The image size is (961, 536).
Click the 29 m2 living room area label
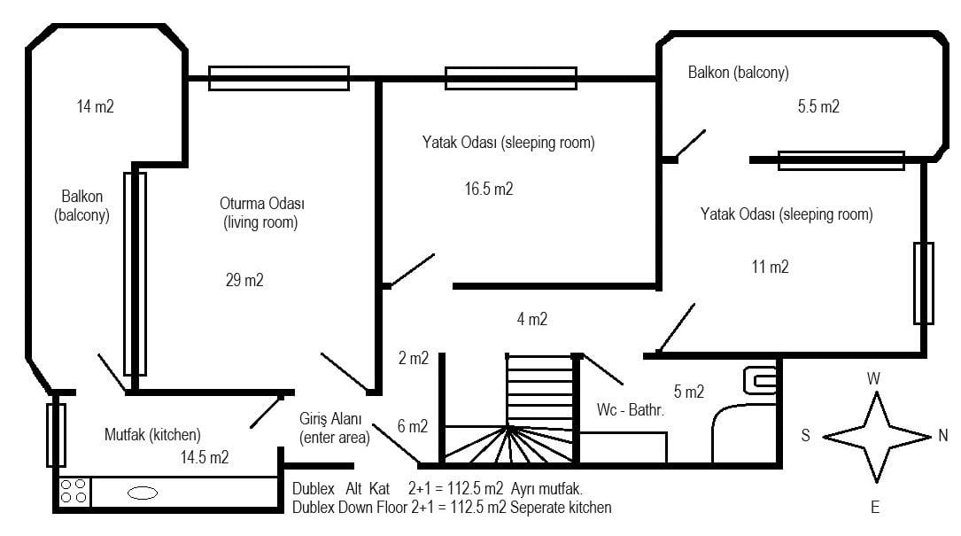(244, 280)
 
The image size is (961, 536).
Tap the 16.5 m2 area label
(488, 189)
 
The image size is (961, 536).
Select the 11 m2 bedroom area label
(771, 267)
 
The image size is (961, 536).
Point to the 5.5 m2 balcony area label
(818, 106)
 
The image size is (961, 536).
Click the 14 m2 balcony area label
(95, 106)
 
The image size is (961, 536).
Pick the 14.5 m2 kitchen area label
(204, 457)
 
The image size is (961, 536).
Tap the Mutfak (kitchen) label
(152, 435)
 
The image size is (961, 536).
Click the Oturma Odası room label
(262, 203)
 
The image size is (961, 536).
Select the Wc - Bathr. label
(631, 409)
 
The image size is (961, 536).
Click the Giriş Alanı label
(330, 419)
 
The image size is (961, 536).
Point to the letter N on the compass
(943, 435)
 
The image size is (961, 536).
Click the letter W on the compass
(873, 378)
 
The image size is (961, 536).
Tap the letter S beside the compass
(805, 435)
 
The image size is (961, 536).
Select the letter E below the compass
(874, 507)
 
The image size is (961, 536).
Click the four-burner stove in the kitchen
(74, 491)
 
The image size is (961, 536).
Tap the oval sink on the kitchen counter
(143, 493)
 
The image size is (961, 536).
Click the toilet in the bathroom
(760, 381)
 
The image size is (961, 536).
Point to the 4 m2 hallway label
(532, 319)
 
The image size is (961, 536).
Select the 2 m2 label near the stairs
(414, 358)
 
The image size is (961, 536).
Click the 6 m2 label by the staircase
(413, 426)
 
